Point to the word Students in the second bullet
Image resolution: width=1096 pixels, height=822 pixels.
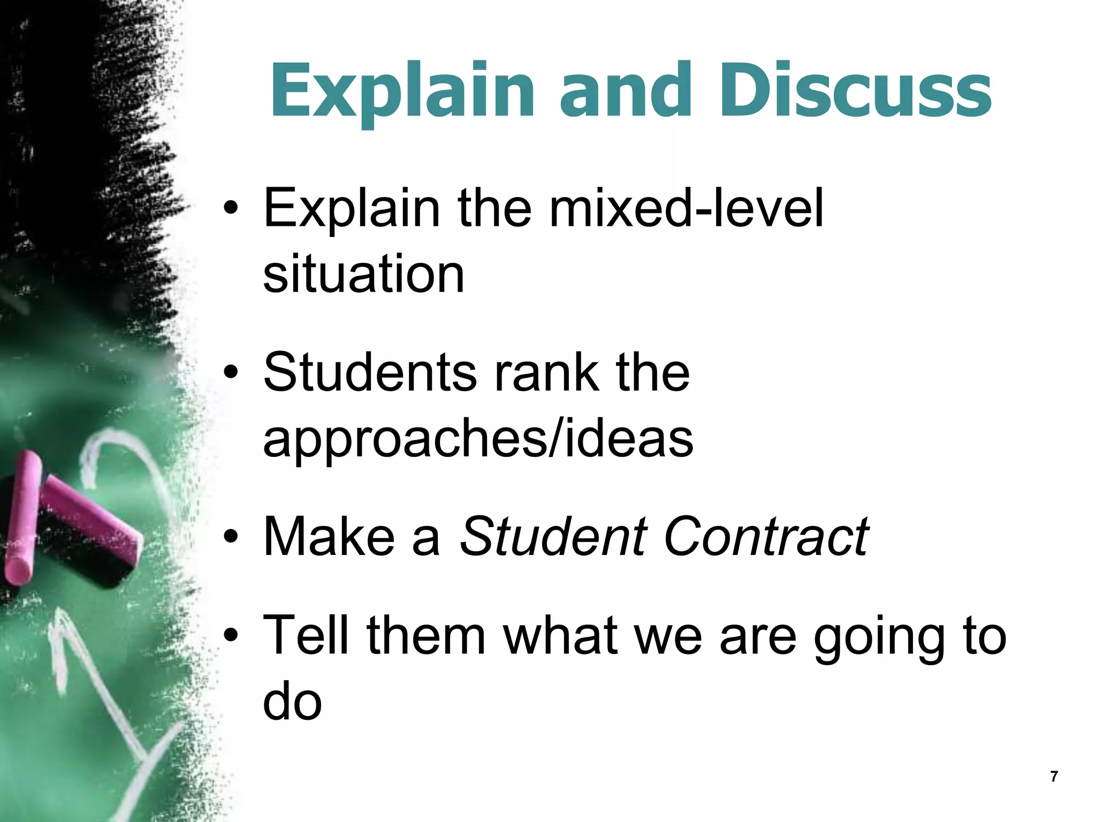[x=370, y=372]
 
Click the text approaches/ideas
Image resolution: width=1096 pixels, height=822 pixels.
[x=478, y=440]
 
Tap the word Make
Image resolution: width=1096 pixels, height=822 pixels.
[x=329, y=537]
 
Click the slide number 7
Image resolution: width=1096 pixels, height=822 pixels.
[x=1054, y=777]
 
